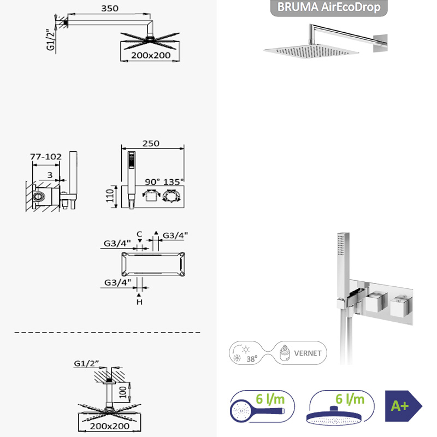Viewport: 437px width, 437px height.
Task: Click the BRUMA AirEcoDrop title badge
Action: [329, 8]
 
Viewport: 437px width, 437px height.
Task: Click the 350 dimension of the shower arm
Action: [110, 8]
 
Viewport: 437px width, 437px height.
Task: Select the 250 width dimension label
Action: [151, 144]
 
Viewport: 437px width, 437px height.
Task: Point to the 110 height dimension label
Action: [110, 196]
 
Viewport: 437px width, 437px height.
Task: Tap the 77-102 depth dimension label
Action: [46, 157]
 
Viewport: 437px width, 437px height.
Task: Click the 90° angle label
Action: [152, 182]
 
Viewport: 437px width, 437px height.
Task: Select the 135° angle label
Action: [173, 182]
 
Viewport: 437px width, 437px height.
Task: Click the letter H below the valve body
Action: [139, 302]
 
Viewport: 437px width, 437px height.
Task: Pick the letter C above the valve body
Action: [139, 234]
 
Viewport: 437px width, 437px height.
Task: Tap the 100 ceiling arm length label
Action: [123, 392]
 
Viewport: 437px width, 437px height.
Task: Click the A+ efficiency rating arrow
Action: [403, 406]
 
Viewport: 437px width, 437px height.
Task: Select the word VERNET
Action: [308, 353]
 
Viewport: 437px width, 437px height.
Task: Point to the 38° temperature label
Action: [252, 359]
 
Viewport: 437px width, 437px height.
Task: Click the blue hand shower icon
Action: [257, 411]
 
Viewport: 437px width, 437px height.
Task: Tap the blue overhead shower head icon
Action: [334, 416]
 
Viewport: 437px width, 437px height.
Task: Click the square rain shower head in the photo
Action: [311, 51]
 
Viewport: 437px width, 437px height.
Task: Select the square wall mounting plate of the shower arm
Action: [380, 44]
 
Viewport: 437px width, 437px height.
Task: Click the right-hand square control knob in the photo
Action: [401, 307]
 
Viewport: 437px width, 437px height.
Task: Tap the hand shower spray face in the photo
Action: [340, 245]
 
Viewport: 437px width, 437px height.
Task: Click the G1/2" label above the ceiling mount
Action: [86, 363]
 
